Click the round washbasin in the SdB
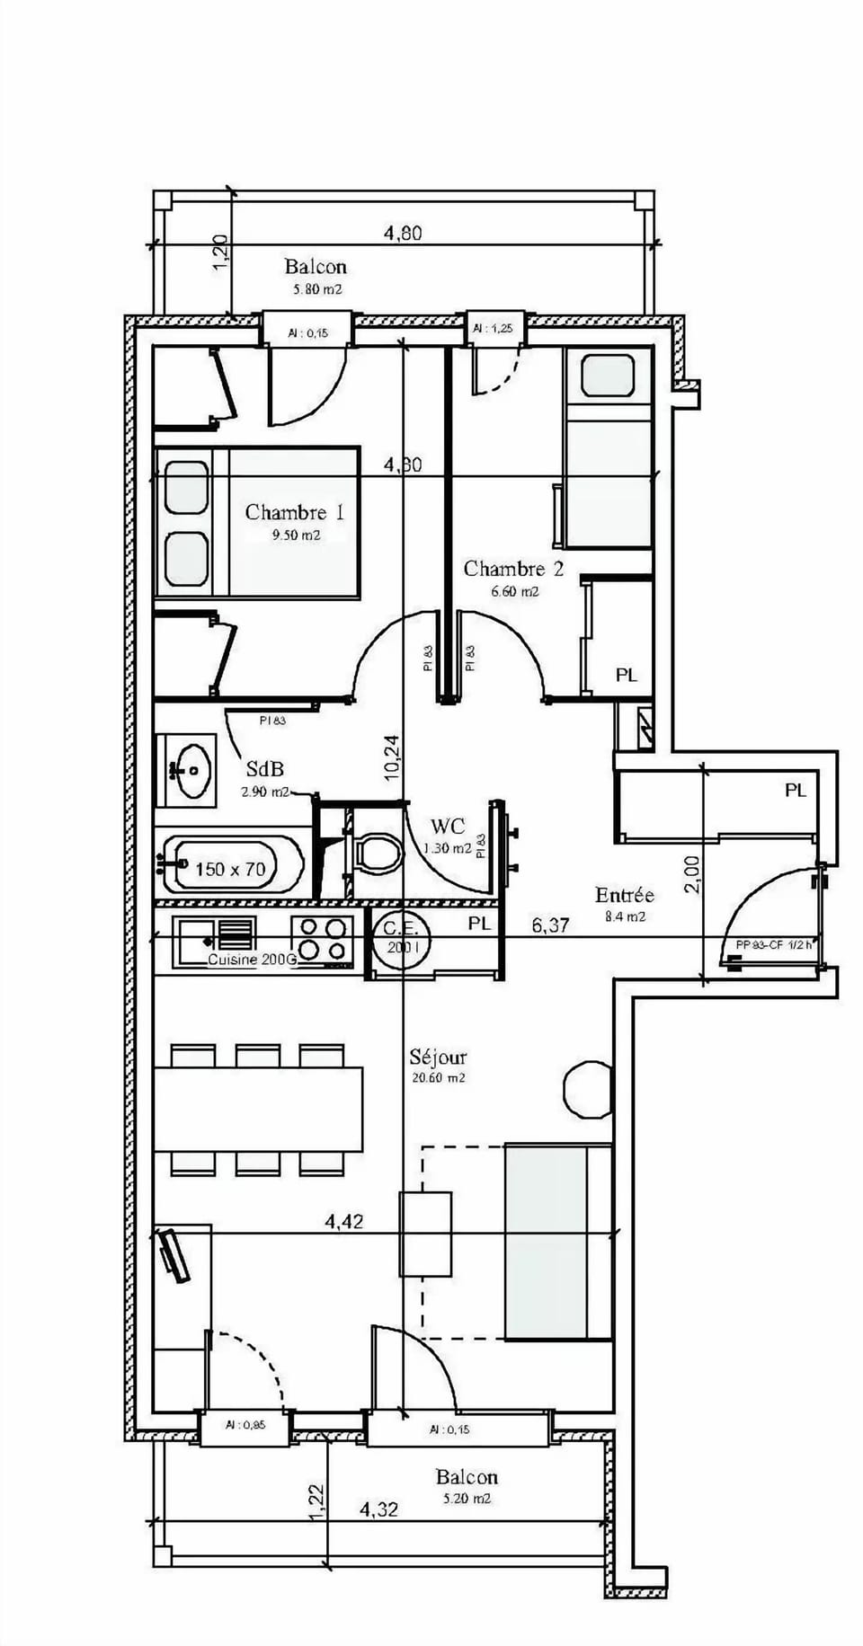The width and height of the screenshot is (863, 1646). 193,770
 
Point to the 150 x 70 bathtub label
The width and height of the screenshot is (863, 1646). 231,869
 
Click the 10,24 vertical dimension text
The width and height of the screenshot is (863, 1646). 393,757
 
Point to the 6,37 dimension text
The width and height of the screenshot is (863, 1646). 549,925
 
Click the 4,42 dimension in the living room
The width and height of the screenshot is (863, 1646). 344,1222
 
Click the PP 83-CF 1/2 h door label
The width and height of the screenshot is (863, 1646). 772,944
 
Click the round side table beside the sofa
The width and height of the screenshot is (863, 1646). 588,1089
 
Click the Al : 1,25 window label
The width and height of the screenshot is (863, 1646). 494,329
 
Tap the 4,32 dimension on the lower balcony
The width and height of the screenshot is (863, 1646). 378,1509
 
